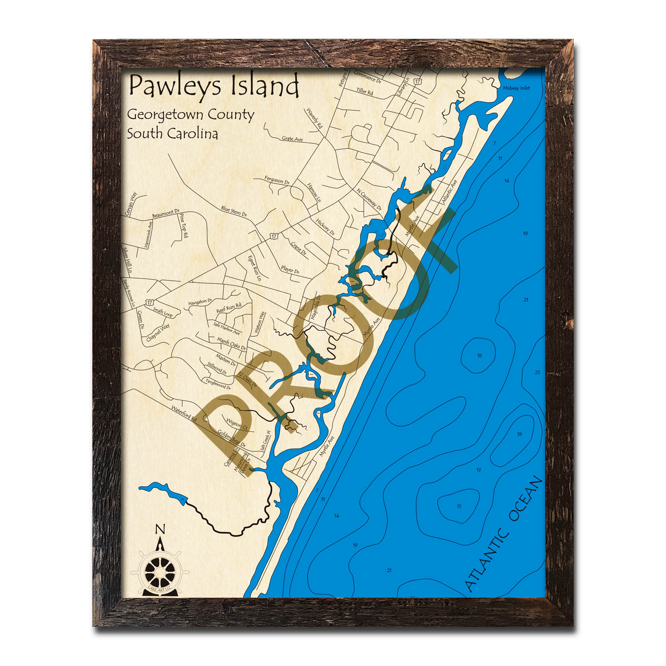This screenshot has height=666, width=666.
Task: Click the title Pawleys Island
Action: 213,86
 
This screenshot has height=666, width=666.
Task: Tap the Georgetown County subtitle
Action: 190,115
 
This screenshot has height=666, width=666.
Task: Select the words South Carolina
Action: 172,134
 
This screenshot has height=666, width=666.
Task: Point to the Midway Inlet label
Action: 516,88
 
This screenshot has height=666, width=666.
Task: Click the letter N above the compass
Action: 160,529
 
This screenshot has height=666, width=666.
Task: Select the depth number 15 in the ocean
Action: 459,506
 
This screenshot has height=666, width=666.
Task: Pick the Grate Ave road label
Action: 292,139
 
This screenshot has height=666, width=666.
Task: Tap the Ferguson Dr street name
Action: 277,180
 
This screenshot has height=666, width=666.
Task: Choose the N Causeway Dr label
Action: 369,198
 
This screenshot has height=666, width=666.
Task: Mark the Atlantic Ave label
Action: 449,192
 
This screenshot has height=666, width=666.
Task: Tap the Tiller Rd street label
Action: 364,92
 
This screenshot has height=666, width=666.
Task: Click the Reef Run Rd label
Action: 228,308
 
